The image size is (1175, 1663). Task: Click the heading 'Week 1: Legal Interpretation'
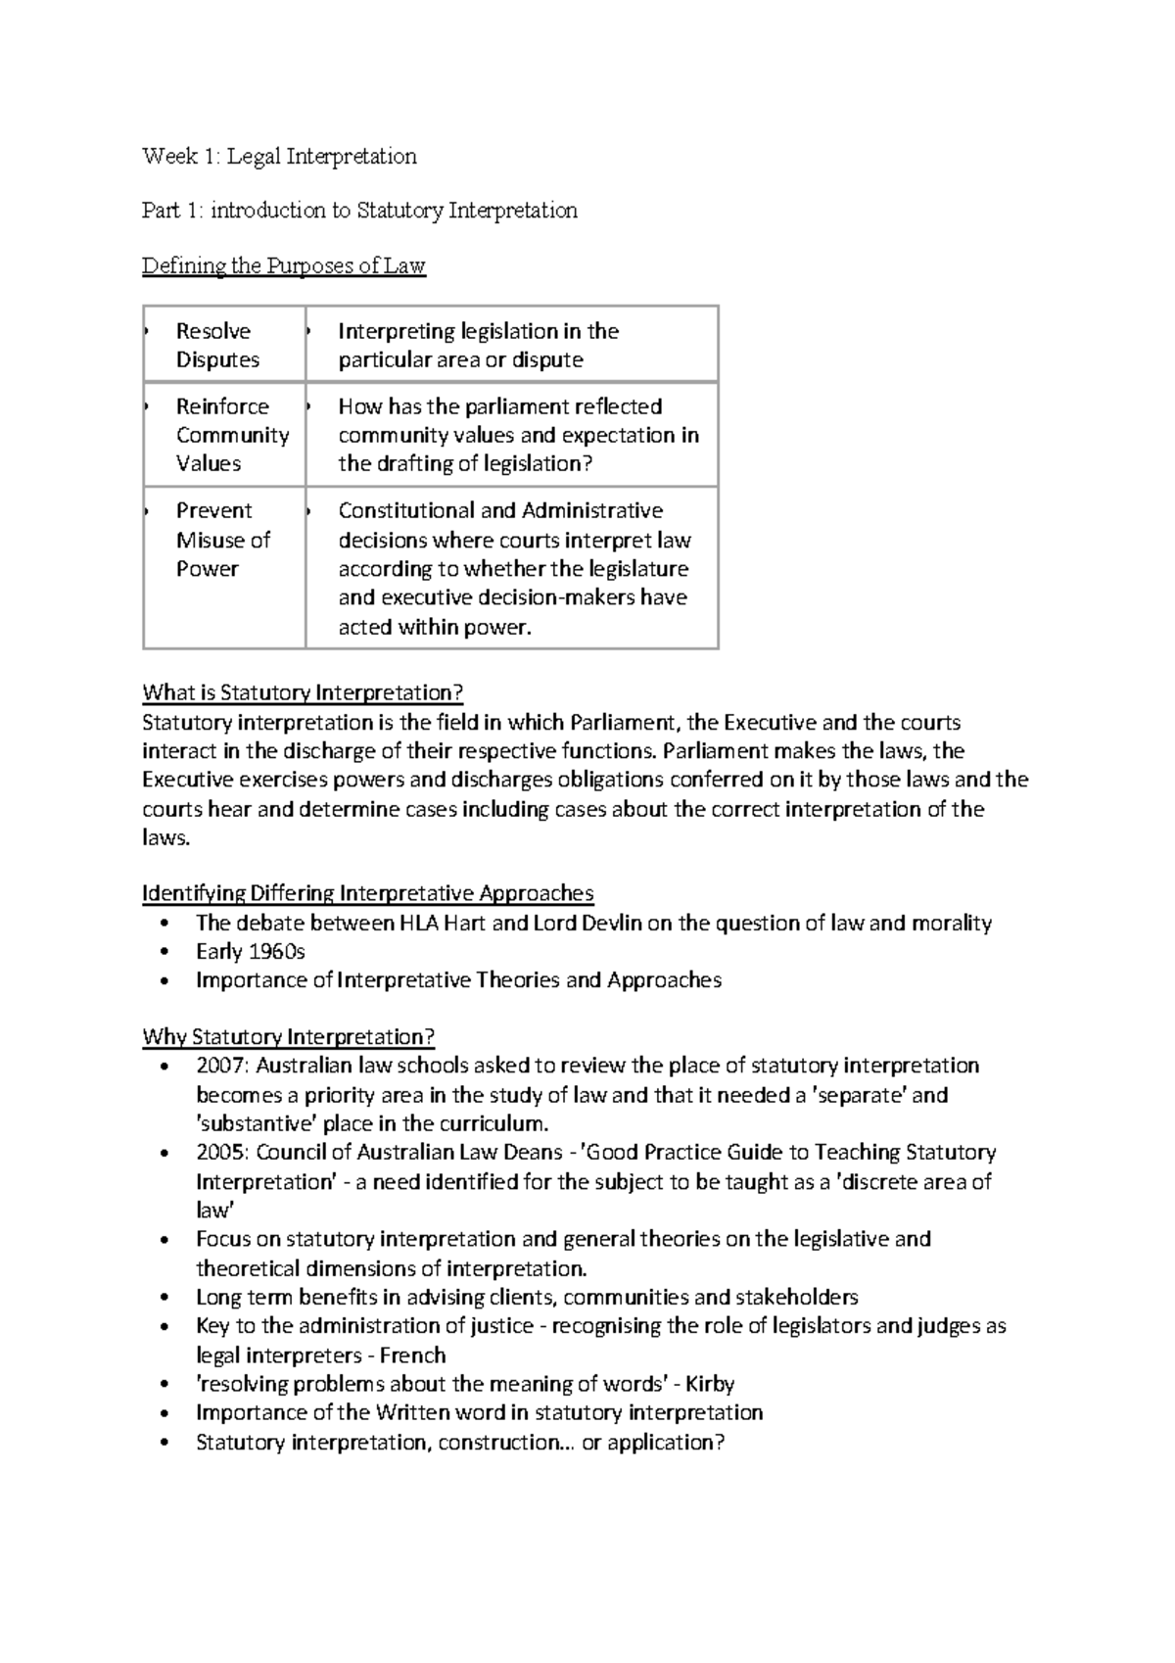pyautogui.click(x=279, y=156)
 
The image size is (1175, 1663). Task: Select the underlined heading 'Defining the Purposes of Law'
pyautogui.click(x=283, y=265)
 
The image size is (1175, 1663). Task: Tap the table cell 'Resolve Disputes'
pyautogui.click(x=217, y=345)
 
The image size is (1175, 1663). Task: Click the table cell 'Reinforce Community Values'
pyautogui.click(x=232, y=434)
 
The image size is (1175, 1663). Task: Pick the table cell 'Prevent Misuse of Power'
pyautogui.click(x=222, y=539)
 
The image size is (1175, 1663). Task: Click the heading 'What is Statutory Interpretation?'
pyautogui.click(x=302, y=692)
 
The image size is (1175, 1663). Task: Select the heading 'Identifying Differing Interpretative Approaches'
pyautogui.click(x=367, y=893)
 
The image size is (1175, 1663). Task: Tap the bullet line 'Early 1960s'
pyautogui.click(x=251, y=951)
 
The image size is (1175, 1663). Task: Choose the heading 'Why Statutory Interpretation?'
pyautogui.click(x=288, y=1036)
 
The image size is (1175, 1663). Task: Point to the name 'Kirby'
pyautogui.click(x=710, y=1384)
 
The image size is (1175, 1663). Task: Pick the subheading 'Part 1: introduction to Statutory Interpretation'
pyautogui.click(x=359, y=210)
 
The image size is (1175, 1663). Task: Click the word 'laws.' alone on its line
pyautogui.click(x=164, y=838)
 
